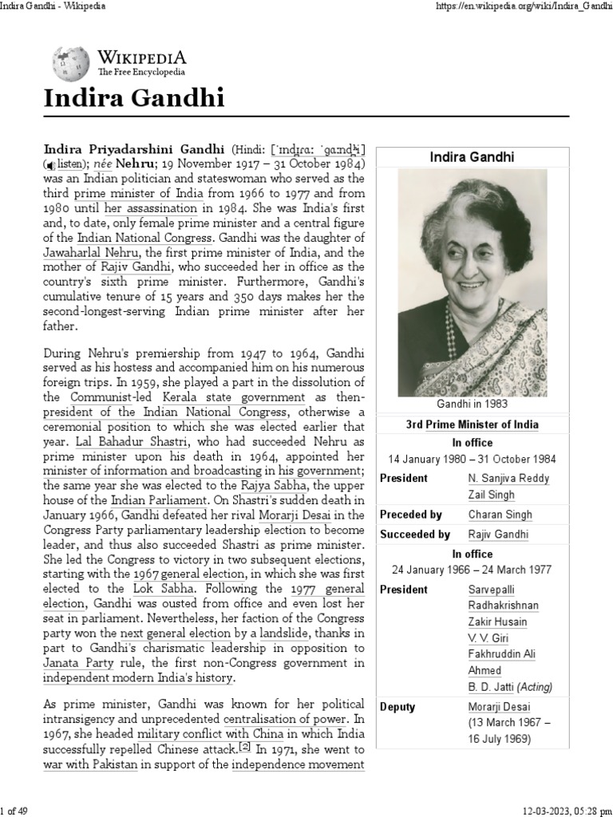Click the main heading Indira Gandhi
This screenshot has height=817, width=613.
(133, 99)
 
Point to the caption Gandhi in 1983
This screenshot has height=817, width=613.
(473, 404)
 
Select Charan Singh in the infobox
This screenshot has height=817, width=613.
(500, 515)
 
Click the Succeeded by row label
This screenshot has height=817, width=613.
(414, 535)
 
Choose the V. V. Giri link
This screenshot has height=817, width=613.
(485, 638)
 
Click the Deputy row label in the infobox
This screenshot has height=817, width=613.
(398, 707)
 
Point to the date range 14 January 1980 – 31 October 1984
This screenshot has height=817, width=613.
(473, 459)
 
